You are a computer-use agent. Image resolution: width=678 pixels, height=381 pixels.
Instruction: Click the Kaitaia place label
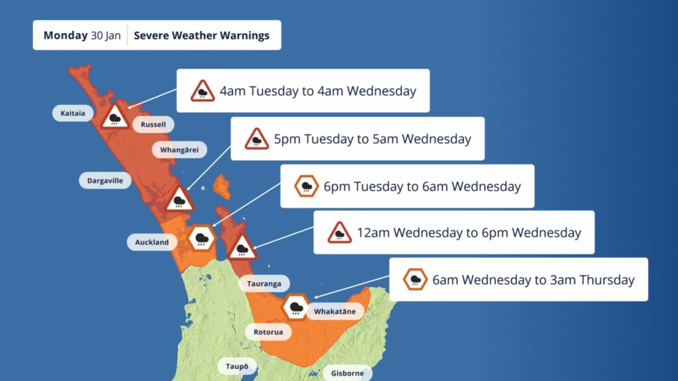(73, 113)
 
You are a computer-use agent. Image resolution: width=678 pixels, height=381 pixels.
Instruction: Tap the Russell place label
(154, 124)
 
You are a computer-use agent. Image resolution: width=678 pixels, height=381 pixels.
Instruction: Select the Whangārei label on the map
(179, 150)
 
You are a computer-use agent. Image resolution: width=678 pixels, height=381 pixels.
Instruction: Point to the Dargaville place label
(105, 180)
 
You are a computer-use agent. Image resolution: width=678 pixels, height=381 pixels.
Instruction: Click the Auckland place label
(152, 242)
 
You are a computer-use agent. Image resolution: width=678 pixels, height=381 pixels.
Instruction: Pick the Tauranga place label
(264, 284)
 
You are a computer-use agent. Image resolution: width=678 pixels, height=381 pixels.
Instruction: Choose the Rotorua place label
(268, 331)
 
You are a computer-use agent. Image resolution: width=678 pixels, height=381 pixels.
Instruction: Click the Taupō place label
(237, 366)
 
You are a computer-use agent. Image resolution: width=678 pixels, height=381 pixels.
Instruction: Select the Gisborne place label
(348, 373)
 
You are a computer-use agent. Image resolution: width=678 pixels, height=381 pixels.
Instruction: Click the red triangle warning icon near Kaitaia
(116, 117)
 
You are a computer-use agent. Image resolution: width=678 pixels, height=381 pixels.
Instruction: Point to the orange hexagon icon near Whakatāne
(294, 307)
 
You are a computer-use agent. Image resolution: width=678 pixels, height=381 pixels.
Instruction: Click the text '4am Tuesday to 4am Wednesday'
(318, 91)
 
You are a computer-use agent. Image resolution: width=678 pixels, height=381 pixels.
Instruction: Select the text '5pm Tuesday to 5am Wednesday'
(372, 139)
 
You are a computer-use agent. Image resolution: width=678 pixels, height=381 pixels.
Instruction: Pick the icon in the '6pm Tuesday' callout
(307, 187)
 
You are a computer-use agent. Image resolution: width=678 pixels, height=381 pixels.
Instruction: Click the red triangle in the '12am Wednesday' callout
(340, 233)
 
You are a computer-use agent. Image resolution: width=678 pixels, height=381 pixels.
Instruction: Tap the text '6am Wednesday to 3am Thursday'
(533, 280)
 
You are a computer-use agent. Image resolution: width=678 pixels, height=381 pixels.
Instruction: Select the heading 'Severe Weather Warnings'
(201, 35)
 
